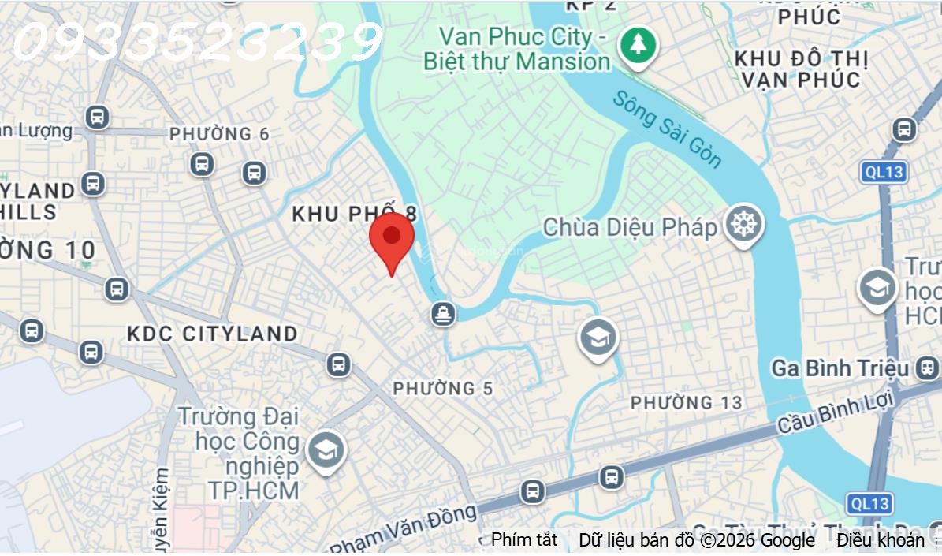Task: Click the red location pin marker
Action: coord(392,237)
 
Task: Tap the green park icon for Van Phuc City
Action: coord(637,46)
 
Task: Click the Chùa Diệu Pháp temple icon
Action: coord(743,225)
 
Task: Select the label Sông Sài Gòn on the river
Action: coord(667,130)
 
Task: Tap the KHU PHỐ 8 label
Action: coord(354,214)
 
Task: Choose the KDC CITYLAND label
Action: coord(213,334)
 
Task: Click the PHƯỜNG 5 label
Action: coord(443,388)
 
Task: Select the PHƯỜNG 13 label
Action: coord(686,403)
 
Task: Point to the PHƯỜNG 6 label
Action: coord(219,134)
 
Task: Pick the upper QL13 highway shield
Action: coord(884,172)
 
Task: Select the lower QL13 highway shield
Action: coord(869,503)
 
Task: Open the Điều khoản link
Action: coord(880,540)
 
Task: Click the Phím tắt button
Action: coord(524,540)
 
